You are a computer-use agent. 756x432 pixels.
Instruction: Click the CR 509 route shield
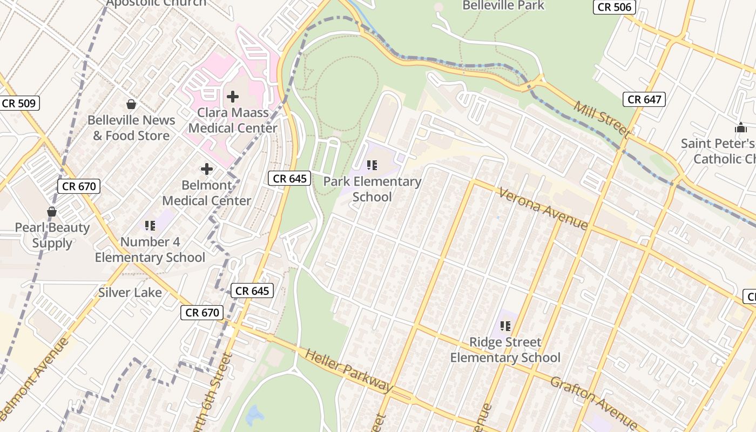19,103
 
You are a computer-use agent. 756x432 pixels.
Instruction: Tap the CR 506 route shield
614,7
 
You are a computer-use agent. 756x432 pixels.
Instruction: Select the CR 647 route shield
644,99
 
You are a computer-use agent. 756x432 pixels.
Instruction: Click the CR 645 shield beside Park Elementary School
290,178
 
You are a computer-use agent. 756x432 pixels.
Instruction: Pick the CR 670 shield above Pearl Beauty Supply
79,186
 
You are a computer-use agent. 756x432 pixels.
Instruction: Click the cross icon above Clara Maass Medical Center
233,97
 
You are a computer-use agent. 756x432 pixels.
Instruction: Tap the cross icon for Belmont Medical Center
207,169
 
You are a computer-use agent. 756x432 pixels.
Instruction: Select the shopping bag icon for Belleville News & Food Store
131,104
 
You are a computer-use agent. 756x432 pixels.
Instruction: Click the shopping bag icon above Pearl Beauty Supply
52,212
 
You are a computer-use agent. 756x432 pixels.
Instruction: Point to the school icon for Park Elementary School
372,165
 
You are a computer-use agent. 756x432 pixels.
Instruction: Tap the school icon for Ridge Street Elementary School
505,326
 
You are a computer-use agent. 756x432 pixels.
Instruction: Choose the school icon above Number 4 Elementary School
150,226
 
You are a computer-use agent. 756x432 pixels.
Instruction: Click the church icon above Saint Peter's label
740,128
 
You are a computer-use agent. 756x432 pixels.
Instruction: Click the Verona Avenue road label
543,208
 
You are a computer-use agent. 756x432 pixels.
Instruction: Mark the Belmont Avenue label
35,378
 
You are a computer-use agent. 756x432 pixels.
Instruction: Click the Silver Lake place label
130,293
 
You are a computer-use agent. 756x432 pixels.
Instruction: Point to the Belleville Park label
503,5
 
